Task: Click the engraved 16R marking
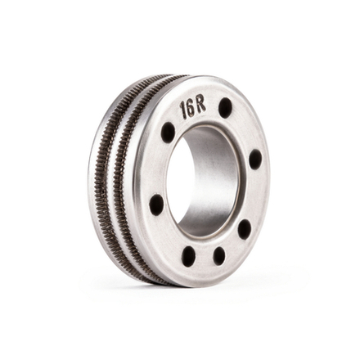point(192,107)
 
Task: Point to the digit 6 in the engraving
point(191,108)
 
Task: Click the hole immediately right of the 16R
point(225,106)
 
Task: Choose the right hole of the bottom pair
point(219,255)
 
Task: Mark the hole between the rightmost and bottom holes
point(244,228)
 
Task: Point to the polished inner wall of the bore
point(217,176)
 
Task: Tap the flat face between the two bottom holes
point(205,260)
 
